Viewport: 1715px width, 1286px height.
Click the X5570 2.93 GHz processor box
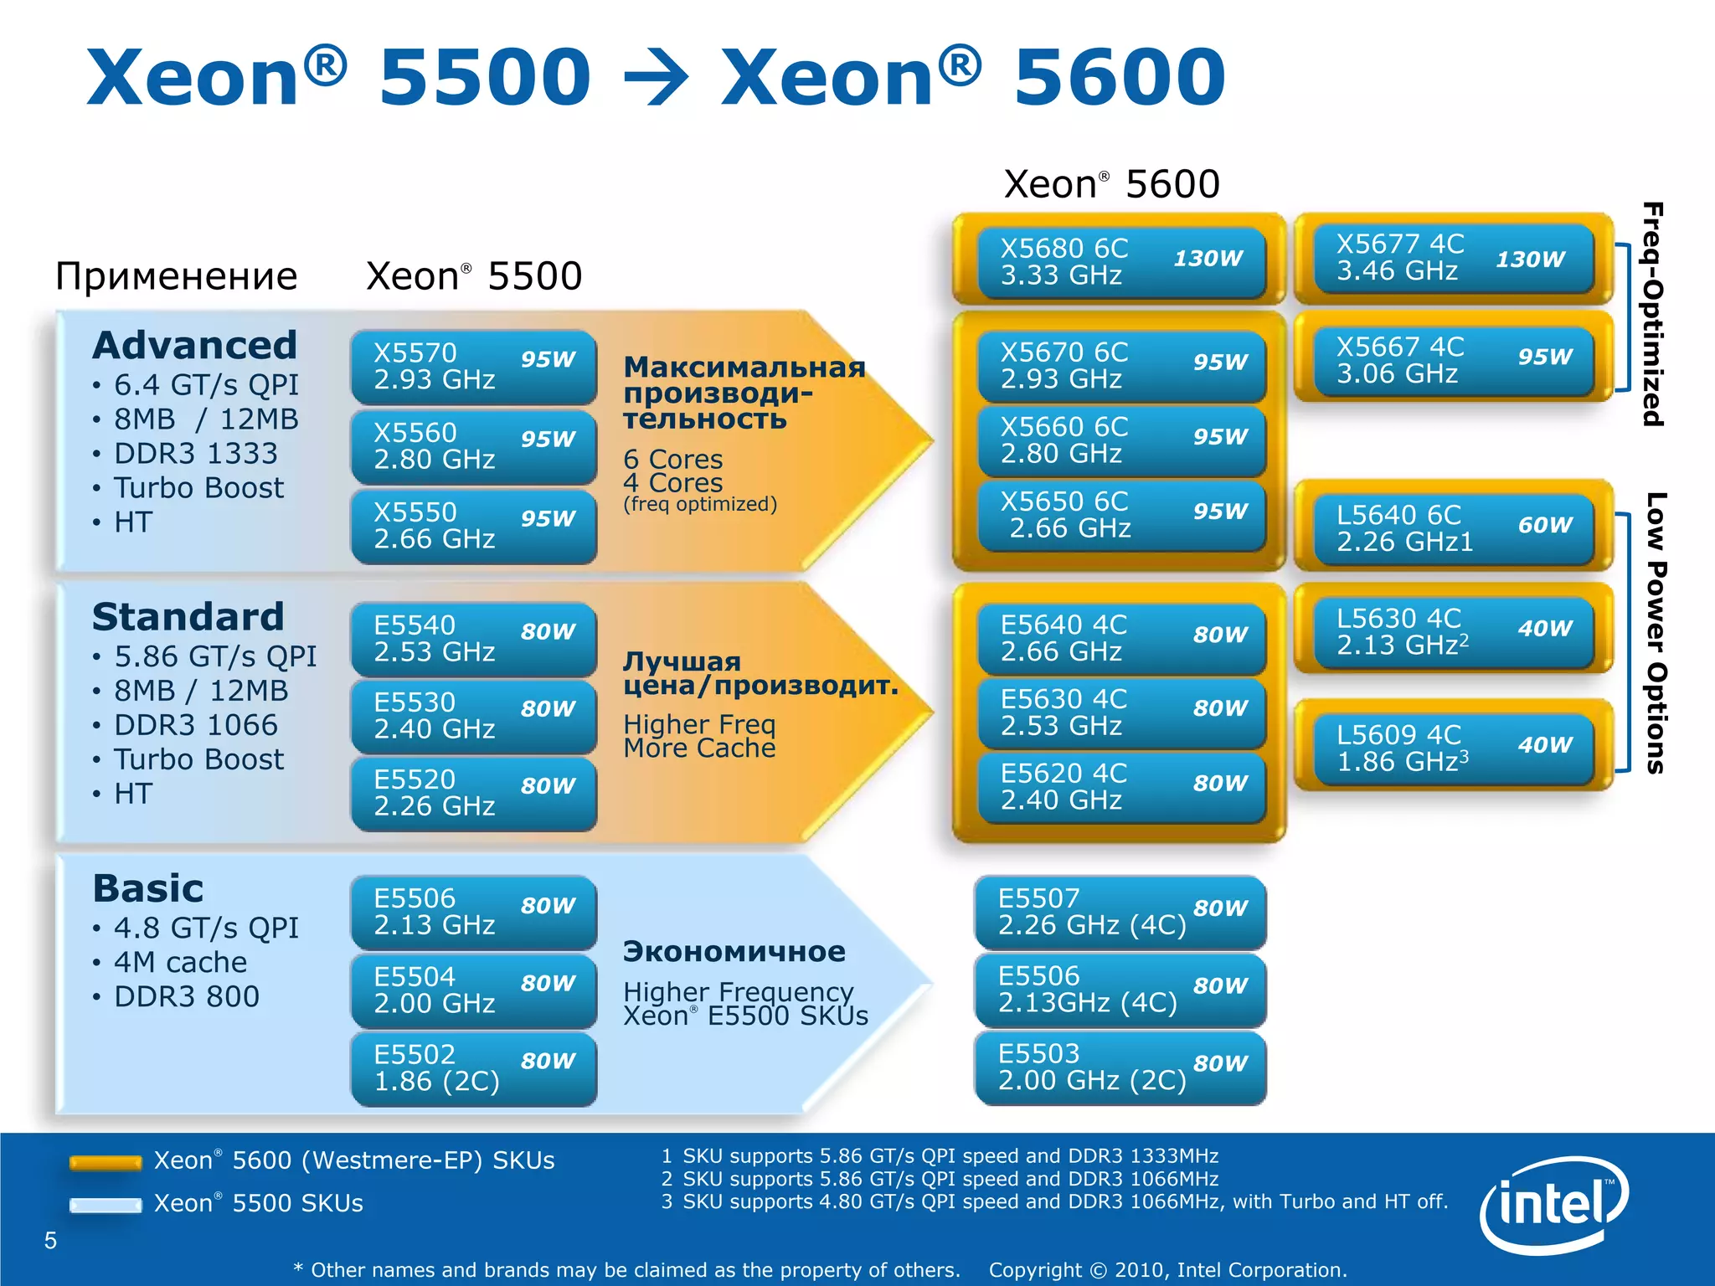pyautogui.click(x=473, y=367)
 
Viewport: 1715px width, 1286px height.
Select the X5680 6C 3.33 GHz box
pyautogui.click(x=1120, y=261)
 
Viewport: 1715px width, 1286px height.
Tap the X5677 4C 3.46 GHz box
pyautogui.click(x=1453, y=258)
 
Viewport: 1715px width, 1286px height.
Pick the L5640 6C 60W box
pyautogui.click(x=1453, y=528)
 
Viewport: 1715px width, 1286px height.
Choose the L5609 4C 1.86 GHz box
pyautogui.click(x=1453, y=748)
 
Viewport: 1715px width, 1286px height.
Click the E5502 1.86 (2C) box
pyautogui.click(x=473, y=1068)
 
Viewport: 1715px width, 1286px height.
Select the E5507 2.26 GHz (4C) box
pyautogui.click(x=1120, y=912)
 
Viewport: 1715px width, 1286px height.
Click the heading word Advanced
pyautogui.click(x=195, y=345)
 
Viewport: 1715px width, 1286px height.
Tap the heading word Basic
pyautogui.click(x=148, y=888)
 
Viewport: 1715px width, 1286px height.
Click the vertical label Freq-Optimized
pyautogui.click(x=1652, y=315)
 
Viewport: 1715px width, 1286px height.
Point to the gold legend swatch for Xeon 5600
pyautogui.click(x=106, y=1162)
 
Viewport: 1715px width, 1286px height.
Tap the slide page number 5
pyautogui.click(x=50, y=1240)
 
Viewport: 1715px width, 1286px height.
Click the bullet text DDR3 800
pyautogui.click(x=187, y=996)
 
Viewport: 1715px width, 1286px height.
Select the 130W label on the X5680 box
pyautogui.click(x=1208, y=258)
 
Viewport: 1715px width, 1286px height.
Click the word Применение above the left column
pyautogui.click(x=177, y=276)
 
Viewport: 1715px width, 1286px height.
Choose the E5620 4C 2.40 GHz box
pyautogui.click(x=1120, y=786)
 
